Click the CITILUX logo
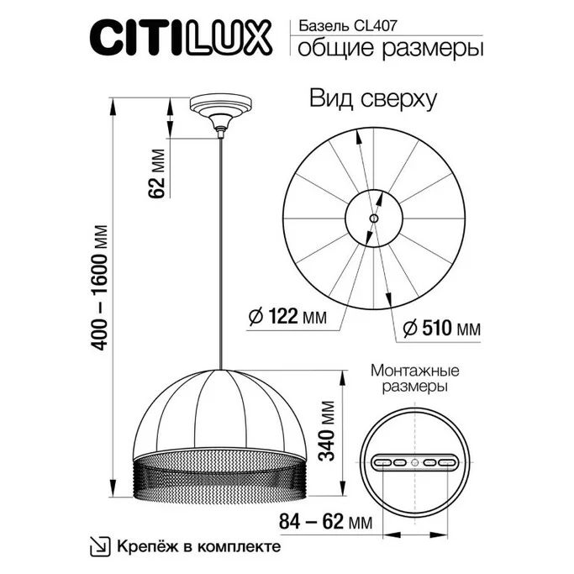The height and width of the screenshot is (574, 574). [181, 38]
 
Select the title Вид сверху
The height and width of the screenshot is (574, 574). [374, 99]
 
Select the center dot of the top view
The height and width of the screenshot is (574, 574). [374, 218]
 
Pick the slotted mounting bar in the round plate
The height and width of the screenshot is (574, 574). [413, 461]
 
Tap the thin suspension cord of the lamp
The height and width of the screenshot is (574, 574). [220, 252]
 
